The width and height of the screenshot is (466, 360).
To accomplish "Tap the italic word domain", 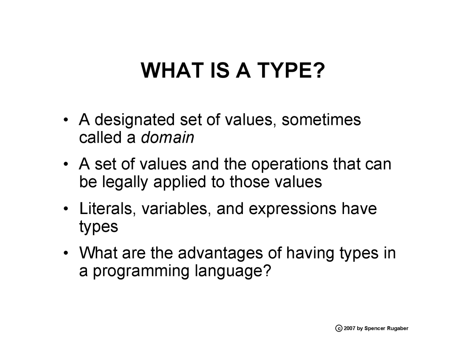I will click(x=167, y=138).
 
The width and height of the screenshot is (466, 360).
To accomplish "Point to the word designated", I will click(x=134, y=120).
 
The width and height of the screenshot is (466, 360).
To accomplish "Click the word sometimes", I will click(x=321, y=120).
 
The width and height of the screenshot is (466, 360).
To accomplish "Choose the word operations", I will click(x=290, y=164).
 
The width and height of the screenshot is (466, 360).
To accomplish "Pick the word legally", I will click(x=125, y=182).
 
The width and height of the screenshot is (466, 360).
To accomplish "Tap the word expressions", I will click(x=292, y=209).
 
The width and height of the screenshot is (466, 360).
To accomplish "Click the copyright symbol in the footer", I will click(x=339, y=328).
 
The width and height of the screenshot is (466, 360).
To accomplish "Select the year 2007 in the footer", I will click(x=349, y=328).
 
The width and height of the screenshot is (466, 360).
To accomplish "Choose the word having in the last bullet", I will click(x=310, y=253).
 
